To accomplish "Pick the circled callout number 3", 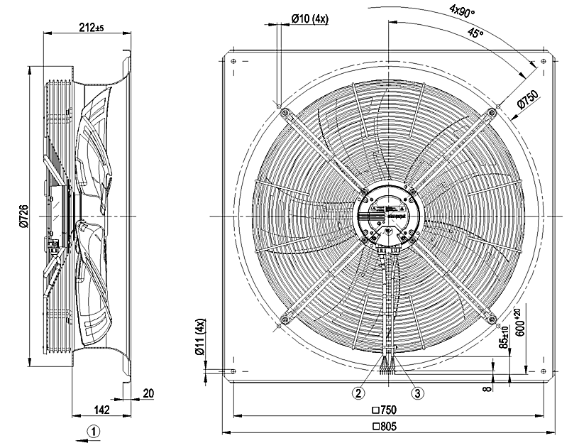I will pos(418,393).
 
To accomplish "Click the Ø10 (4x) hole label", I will pos(309,19).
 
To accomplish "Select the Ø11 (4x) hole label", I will pos(202,337).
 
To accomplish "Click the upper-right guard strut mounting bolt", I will pos(492,111).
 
